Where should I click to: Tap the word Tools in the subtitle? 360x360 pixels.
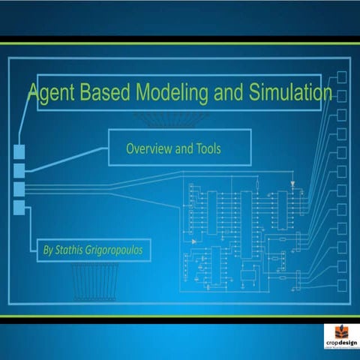pyautogui.click(x=208, y=148)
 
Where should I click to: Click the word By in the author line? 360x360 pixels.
pyautogui.click(x=49, y=249)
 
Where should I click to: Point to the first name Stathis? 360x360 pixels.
pyautogui.click(x=73, y=249)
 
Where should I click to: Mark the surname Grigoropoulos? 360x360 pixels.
pyautogui.click(x=118, y=249)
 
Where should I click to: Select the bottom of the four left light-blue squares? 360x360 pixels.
pyautogui.click(x=19, y=207)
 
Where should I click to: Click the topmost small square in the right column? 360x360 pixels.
pyautogui.click(x=342, y=77)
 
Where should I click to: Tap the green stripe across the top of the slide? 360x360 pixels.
pyautogui.click(x=180, y=43)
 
